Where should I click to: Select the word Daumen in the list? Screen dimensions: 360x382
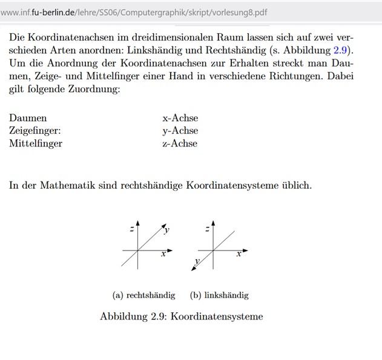28,118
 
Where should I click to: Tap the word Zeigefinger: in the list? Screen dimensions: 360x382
35,131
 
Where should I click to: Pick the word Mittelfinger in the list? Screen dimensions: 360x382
36,143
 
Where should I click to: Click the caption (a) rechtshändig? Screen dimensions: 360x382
144,295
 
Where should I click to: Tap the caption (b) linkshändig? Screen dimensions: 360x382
219,295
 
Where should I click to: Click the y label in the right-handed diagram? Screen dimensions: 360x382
166,231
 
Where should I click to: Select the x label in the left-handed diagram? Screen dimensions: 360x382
239,255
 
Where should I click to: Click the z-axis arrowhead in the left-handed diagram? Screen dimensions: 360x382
214,223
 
